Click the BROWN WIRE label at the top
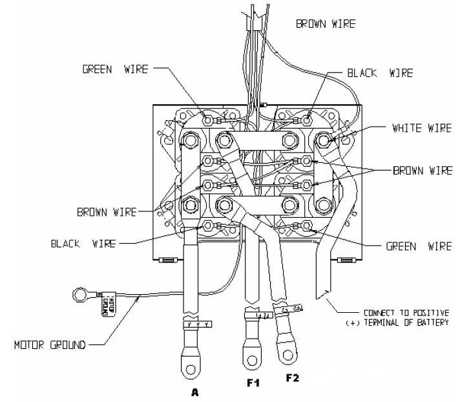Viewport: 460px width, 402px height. click(326, 24)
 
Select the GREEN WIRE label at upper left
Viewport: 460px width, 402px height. click(114, 69)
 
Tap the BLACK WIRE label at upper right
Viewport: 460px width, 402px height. click(379, 73)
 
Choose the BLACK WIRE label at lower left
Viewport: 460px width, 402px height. click(83, 244)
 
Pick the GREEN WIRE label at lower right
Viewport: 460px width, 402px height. click(417, 246)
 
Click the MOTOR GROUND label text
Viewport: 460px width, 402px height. click(50, 344)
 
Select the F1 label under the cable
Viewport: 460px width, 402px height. click(253, 383)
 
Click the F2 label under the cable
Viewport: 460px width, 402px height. click(293, 377)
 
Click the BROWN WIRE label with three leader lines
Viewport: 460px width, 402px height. click(423, 171)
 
